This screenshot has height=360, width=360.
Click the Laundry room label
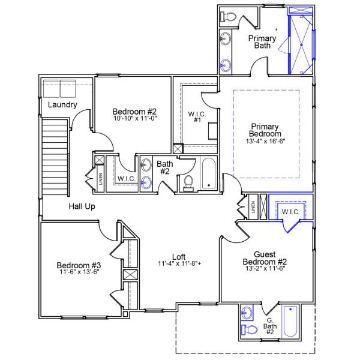pyautogui.click(x=62, y=105)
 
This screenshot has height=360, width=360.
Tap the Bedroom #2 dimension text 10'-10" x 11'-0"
pyautogui.click(x=134, y=119)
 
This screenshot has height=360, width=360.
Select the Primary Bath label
pyautogui.click(x=263, y=43)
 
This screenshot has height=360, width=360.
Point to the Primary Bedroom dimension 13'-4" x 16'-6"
pyautogui.click(x=265, y=142)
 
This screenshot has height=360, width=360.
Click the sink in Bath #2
pyautogui.click(x=146, y=183)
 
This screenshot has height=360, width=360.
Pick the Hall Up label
pyautogui.click(x=82, y=206)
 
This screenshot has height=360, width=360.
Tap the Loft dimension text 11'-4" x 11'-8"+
pyautogui.click(x=179, y=263)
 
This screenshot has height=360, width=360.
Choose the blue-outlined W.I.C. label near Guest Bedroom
pyautogui.click(x=290, y=212)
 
